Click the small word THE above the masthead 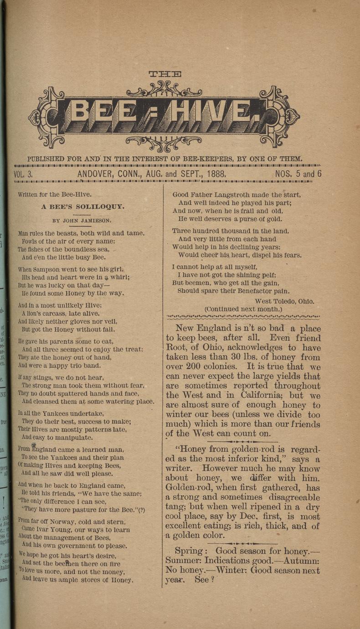[x=165, y=74]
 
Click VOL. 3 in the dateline [x=23, y=174]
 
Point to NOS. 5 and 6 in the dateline [x=298, y=174]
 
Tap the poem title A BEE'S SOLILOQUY [x=82, y=206]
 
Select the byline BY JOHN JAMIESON [x=82, y=221]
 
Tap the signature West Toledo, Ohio [x=284, y=301]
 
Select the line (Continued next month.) [x=243, y=309]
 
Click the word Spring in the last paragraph [x=189, y=551]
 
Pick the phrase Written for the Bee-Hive [x=55, y=194]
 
